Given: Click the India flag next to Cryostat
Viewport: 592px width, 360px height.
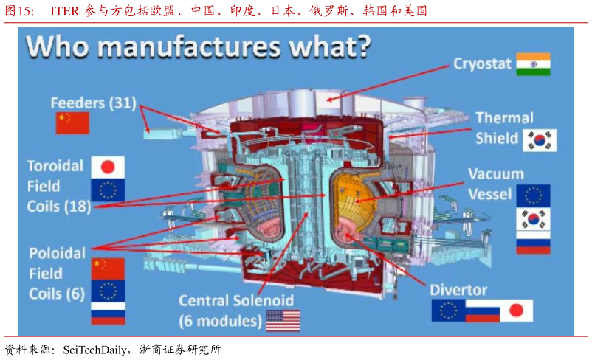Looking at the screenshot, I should coord(533,64).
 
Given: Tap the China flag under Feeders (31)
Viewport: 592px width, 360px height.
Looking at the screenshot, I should coord(72,122).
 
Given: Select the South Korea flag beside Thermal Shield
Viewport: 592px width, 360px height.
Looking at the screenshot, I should coord(540,140).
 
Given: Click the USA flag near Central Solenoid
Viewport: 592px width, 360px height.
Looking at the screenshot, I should coord(283,320).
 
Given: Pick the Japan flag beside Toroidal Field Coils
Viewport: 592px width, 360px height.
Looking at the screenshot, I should coord(108,167).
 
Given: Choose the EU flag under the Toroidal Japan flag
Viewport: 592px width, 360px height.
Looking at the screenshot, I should coord(108,190).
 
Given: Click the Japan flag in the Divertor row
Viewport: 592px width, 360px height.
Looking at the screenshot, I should coord(516,311).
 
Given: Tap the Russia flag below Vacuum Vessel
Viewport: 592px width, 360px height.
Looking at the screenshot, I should coord(532,241).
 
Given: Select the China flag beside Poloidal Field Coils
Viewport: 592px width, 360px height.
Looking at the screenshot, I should coord(108,267).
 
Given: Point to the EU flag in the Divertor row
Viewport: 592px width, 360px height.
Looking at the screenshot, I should coord(448,311).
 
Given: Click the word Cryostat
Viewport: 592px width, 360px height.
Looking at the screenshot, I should coord(482,64).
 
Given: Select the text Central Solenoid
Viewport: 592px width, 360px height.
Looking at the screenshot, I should coord(236,301).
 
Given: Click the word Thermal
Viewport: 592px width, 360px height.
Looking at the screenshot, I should coord(504,118).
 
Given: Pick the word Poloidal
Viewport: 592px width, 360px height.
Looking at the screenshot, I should coord(57,253).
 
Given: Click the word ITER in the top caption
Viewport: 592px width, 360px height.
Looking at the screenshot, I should coord(63,11).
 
